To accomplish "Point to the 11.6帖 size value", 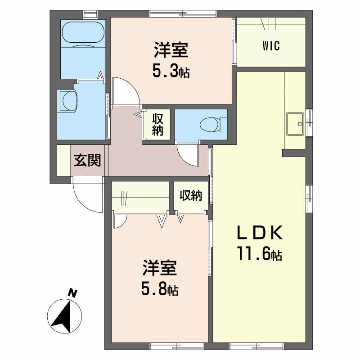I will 260,254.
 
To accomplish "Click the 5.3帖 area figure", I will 171,71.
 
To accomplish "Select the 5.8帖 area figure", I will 160,288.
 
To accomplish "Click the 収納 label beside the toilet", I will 157,125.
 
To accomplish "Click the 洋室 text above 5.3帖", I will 171,50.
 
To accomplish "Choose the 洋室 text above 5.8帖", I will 160,268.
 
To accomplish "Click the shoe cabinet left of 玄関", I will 63,160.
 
